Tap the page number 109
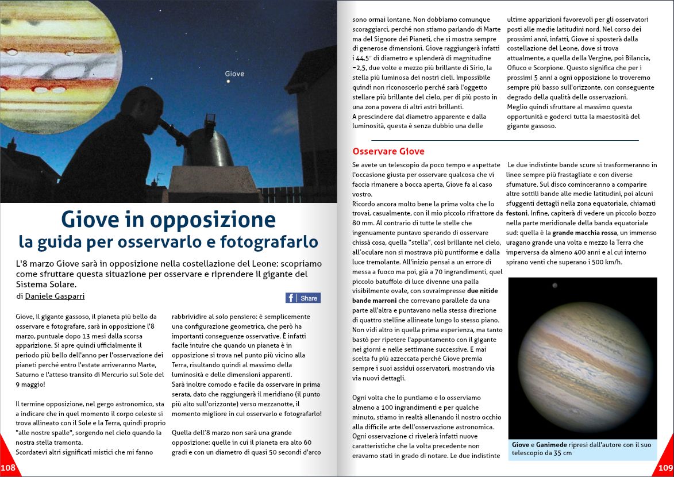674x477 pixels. tap(665, 468)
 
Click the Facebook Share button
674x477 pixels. tap(303, 298)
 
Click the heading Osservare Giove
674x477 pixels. tap(388, 152)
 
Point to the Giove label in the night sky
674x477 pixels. tap(234, 74)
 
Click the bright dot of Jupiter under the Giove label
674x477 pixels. tap(229, 82)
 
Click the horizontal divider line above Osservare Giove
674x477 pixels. tap(504, 140)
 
